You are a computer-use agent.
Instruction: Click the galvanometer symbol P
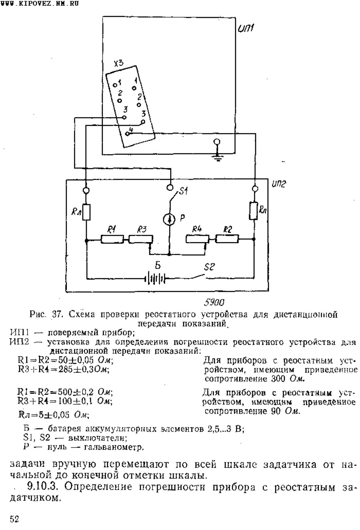[x=169, y=219]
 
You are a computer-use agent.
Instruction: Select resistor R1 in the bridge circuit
[x=112, y=239]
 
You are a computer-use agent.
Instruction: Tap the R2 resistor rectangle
[x=227, y=239]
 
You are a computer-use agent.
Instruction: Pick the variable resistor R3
[x=141, y=239]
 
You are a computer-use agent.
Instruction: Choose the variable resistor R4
[x=197, y=239]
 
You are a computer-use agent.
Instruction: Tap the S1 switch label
[x=183, y=191]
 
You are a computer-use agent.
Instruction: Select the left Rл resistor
[x=86, y=212]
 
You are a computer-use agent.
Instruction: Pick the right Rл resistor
[x=254, y=211]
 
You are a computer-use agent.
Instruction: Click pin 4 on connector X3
[x=127, y=133]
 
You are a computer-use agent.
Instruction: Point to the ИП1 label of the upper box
[x=246, y=29]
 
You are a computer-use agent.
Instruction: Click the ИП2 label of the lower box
[x=279, y=184]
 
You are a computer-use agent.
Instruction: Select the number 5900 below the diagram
[x=214, y=302]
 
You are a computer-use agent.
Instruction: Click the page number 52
[x=14, y=519]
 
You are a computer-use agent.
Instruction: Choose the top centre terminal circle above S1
[x=170, y=187]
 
